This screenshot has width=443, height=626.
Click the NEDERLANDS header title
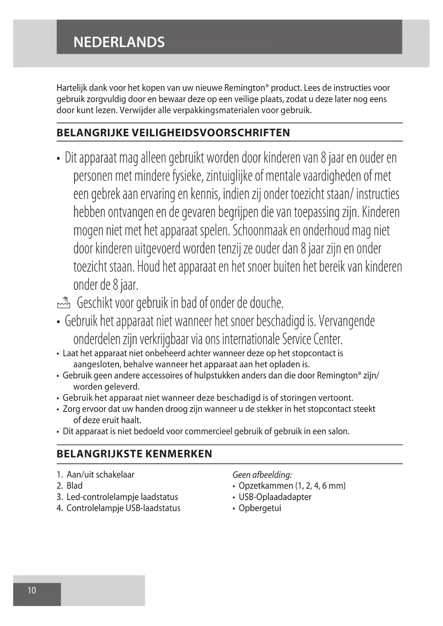(x=119, y=42)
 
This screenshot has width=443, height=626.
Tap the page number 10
(x=32, y=590)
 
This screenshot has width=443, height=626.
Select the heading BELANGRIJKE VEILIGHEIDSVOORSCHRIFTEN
(x=173, y=133)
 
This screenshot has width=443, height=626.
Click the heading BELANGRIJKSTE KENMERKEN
(x=134, y=454)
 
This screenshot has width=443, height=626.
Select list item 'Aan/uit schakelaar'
(x=100, y=475)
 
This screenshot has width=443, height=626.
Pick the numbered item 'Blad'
(x=74, y=486)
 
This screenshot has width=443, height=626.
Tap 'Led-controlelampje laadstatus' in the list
(x=122, y=497)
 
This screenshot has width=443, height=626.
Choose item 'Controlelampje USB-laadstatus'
(x=123, y=508)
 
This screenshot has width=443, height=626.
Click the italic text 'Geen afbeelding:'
(x=262, y=475)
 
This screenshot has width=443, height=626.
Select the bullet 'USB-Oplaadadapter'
(x=275, y=497)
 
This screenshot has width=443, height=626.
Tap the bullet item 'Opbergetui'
(x=260, y=508)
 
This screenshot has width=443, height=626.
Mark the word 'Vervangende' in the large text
(x=347, y=321)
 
